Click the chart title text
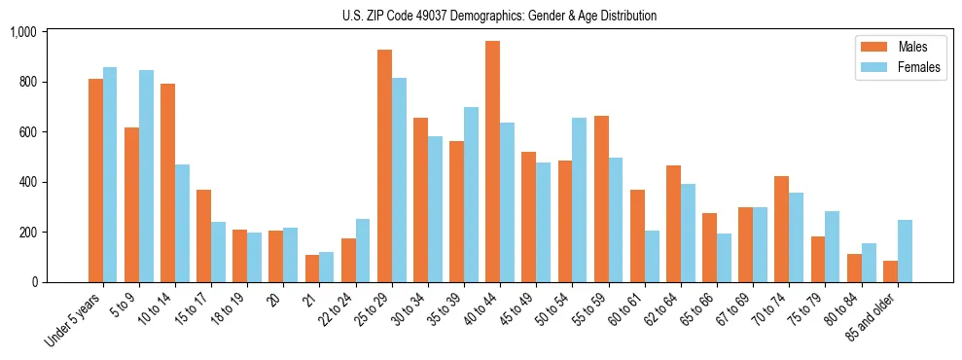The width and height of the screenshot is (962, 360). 499,16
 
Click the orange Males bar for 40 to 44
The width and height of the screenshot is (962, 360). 492,162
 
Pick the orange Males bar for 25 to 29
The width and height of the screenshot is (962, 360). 384,165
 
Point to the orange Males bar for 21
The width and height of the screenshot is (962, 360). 312,269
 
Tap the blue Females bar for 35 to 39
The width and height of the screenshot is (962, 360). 471,195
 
